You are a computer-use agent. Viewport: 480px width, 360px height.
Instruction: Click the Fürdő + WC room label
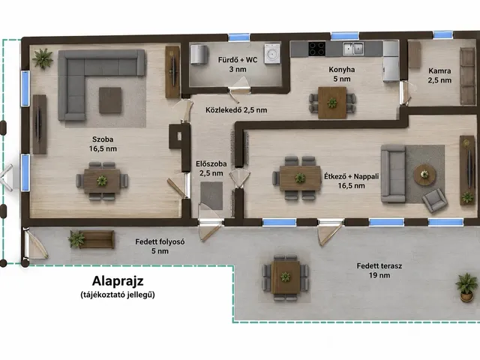238,64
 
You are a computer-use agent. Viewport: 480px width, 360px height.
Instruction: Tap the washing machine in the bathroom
272,53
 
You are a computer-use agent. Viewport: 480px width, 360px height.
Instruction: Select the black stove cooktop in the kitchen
316,49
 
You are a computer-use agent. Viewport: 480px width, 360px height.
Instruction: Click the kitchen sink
353,49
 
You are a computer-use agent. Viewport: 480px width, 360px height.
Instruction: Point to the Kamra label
439,76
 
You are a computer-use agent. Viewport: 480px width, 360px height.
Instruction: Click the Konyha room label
342,74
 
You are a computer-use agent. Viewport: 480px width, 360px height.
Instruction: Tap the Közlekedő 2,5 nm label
236,110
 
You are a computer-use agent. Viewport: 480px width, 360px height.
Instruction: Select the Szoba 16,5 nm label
103,144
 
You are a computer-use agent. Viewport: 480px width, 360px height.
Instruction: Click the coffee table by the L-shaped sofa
110,100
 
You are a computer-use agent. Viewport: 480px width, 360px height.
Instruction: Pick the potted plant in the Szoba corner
43,58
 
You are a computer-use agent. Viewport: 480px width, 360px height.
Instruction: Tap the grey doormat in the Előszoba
211,196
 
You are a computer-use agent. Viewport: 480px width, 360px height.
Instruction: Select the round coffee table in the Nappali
424,175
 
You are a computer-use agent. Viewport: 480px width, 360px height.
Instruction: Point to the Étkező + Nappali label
352,181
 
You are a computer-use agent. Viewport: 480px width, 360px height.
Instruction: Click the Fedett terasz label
379,270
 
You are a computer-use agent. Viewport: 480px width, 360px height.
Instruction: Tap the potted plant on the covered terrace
466,287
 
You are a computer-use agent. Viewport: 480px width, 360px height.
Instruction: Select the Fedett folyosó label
160,246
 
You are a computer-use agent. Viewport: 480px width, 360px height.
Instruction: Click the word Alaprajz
118,281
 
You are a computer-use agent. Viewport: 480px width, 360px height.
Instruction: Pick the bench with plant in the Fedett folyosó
92,239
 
